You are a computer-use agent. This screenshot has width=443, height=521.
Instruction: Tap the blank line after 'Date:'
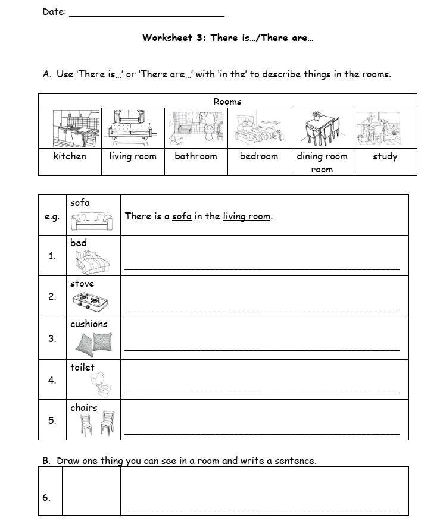pos(147,14)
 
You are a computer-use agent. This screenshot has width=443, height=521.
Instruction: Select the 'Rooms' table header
pos(227,102)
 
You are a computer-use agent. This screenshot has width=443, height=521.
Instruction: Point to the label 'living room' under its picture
pos(133,156)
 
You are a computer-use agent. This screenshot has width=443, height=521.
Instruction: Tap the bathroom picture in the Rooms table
pos(195,128)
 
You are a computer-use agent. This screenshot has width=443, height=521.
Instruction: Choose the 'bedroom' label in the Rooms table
pos(259,156)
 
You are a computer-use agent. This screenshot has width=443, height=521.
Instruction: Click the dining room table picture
pos(322,128)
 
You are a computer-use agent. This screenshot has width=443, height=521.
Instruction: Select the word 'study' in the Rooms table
pos(385,156)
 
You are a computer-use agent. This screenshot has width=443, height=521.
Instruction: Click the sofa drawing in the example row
pos(91,221)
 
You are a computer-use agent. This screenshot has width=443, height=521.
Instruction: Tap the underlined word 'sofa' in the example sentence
pos(182,216)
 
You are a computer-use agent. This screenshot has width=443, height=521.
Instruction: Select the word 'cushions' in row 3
pos(89,324)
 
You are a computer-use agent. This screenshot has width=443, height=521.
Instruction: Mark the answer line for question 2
pos(262,308)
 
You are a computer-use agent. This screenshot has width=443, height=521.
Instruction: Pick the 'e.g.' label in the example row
pos(52,216)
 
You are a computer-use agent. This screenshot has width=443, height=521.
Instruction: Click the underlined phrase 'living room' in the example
pos(247,216)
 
